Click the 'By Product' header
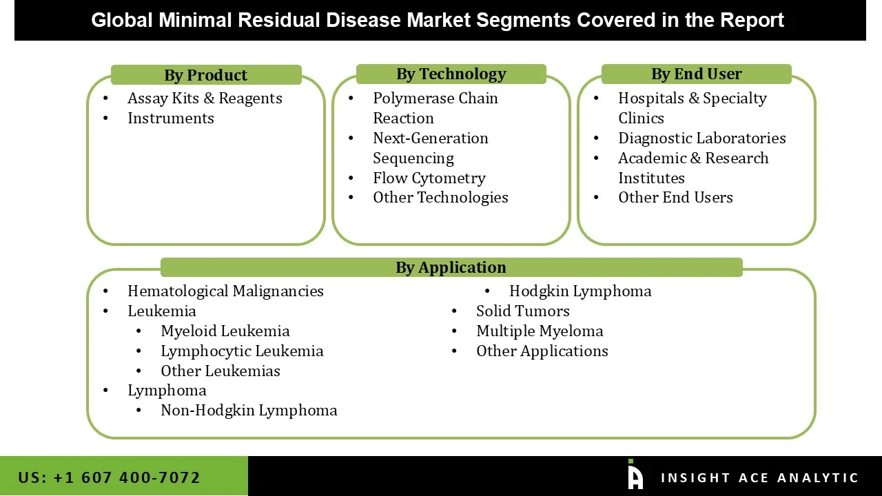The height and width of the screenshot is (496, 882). (205, 75)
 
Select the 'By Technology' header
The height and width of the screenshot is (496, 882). (451, 74)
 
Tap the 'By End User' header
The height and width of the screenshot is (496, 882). (696, 74)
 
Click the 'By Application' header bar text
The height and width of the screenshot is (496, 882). (451, 267)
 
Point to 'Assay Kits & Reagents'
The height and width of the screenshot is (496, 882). (205, 99)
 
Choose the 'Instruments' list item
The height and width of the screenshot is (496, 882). (170, 118)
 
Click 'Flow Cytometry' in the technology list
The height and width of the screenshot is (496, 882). (429, 178)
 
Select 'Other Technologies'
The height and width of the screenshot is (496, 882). (440, 198)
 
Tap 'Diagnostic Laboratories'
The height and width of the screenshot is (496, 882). (701, 138)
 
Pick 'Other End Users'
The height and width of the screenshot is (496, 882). (675, 198)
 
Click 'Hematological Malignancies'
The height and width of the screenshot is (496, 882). (225, 291)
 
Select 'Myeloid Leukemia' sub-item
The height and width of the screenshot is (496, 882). (225, 331)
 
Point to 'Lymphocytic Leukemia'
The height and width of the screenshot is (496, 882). (242, 351)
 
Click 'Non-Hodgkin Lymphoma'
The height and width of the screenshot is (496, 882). (249, 411)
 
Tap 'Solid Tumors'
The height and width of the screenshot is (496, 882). (522, 311)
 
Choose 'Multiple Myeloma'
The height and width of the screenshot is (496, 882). (540, 331)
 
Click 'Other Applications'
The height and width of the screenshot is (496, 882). (542, 351)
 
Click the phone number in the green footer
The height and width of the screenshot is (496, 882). (109, 477)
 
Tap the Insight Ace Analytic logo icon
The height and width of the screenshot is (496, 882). (635, 475)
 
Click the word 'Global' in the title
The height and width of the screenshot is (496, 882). (122, 20)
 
